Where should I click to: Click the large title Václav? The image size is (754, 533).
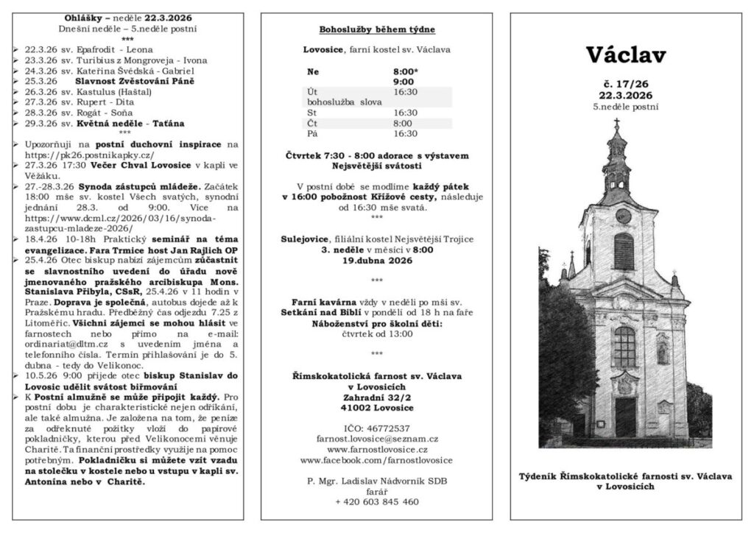pyautogui.click(x=626, y=55)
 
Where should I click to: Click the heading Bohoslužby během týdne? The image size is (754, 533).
pyautogui.click(x=376, y=30)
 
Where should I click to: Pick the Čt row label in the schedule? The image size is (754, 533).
pyautogui.click(x=312, y=123)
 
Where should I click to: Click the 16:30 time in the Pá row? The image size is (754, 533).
pyautogui.click(x=405, y=134)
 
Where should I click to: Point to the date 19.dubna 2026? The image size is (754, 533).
pyautogui.click(x=376, y=261)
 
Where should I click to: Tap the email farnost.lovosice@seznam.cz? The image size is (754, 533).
pyautogui.click(x=376, y=437)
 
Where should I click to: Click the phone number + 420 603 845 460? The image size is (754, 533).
pyautogui.click(x=376, y=501)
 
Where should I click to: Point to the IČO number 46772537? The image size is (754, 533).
pyautogui.click(x=376, y=427)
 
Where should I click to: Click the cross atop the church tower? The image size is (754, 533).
pyautogui.click(x=616, y=125)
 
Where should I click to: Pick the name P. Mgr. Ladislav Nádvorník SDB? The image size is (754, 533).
pyautogui.click(x=376, y=481)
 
